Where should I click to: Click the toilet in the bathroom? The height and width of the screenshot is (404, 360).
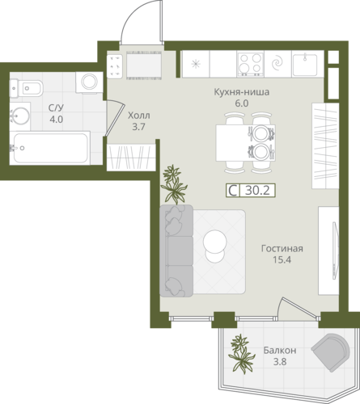pos(26,88)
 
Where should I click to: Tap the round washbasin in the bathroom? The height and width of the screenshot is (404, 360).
pos(19,116)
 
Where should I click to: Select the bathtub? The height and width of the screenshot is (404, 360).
pos(50,148)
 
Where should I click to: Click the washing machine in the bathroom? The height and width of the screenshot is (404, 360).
pos(89,82)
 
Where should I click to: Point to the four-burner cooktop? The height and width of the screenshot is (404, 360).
pos(251,64)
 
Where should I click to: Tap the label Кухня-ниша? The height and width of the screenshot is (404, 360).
pos(242,92)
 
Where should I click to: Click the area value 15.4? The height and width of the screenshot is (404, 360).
pos(282,260)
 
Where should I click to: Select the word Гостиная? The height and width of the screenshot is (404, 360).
pos(282,248)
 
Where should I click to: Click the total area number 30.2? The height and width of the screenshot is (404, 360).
pos(257,191)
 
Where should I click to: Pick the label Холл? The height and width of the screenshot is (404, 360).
pos(139,116)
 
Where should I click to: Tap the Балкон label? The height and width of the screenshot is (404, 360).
pos(280,351)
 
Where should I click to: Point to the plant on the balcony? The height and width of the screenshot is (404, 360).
pos(241,353)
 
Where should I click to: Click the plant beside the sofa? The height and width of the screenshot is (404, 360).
pos(173,184)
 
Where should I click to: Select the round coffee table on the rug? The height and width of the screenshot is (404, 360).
pos(214,246)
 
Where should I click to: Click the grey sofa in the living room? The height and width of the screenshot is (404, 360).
pos(176,250)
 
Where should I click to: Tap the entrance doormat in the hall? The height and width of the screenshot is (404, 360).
pos(144,65)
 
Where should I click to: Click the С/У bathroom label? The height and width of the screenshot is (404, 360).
pos(56,108)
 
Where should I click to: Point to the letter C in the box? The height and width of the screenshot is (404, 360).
pos(233,191)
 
